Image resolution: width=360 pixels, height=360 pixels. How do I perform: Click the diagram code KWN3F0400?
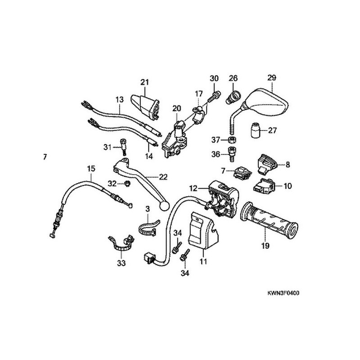282,293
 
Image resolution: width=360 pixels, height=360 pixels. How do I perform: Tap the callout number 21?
144,82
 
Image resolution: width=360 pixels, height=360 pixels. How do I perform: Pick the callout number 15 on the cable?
91,168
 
